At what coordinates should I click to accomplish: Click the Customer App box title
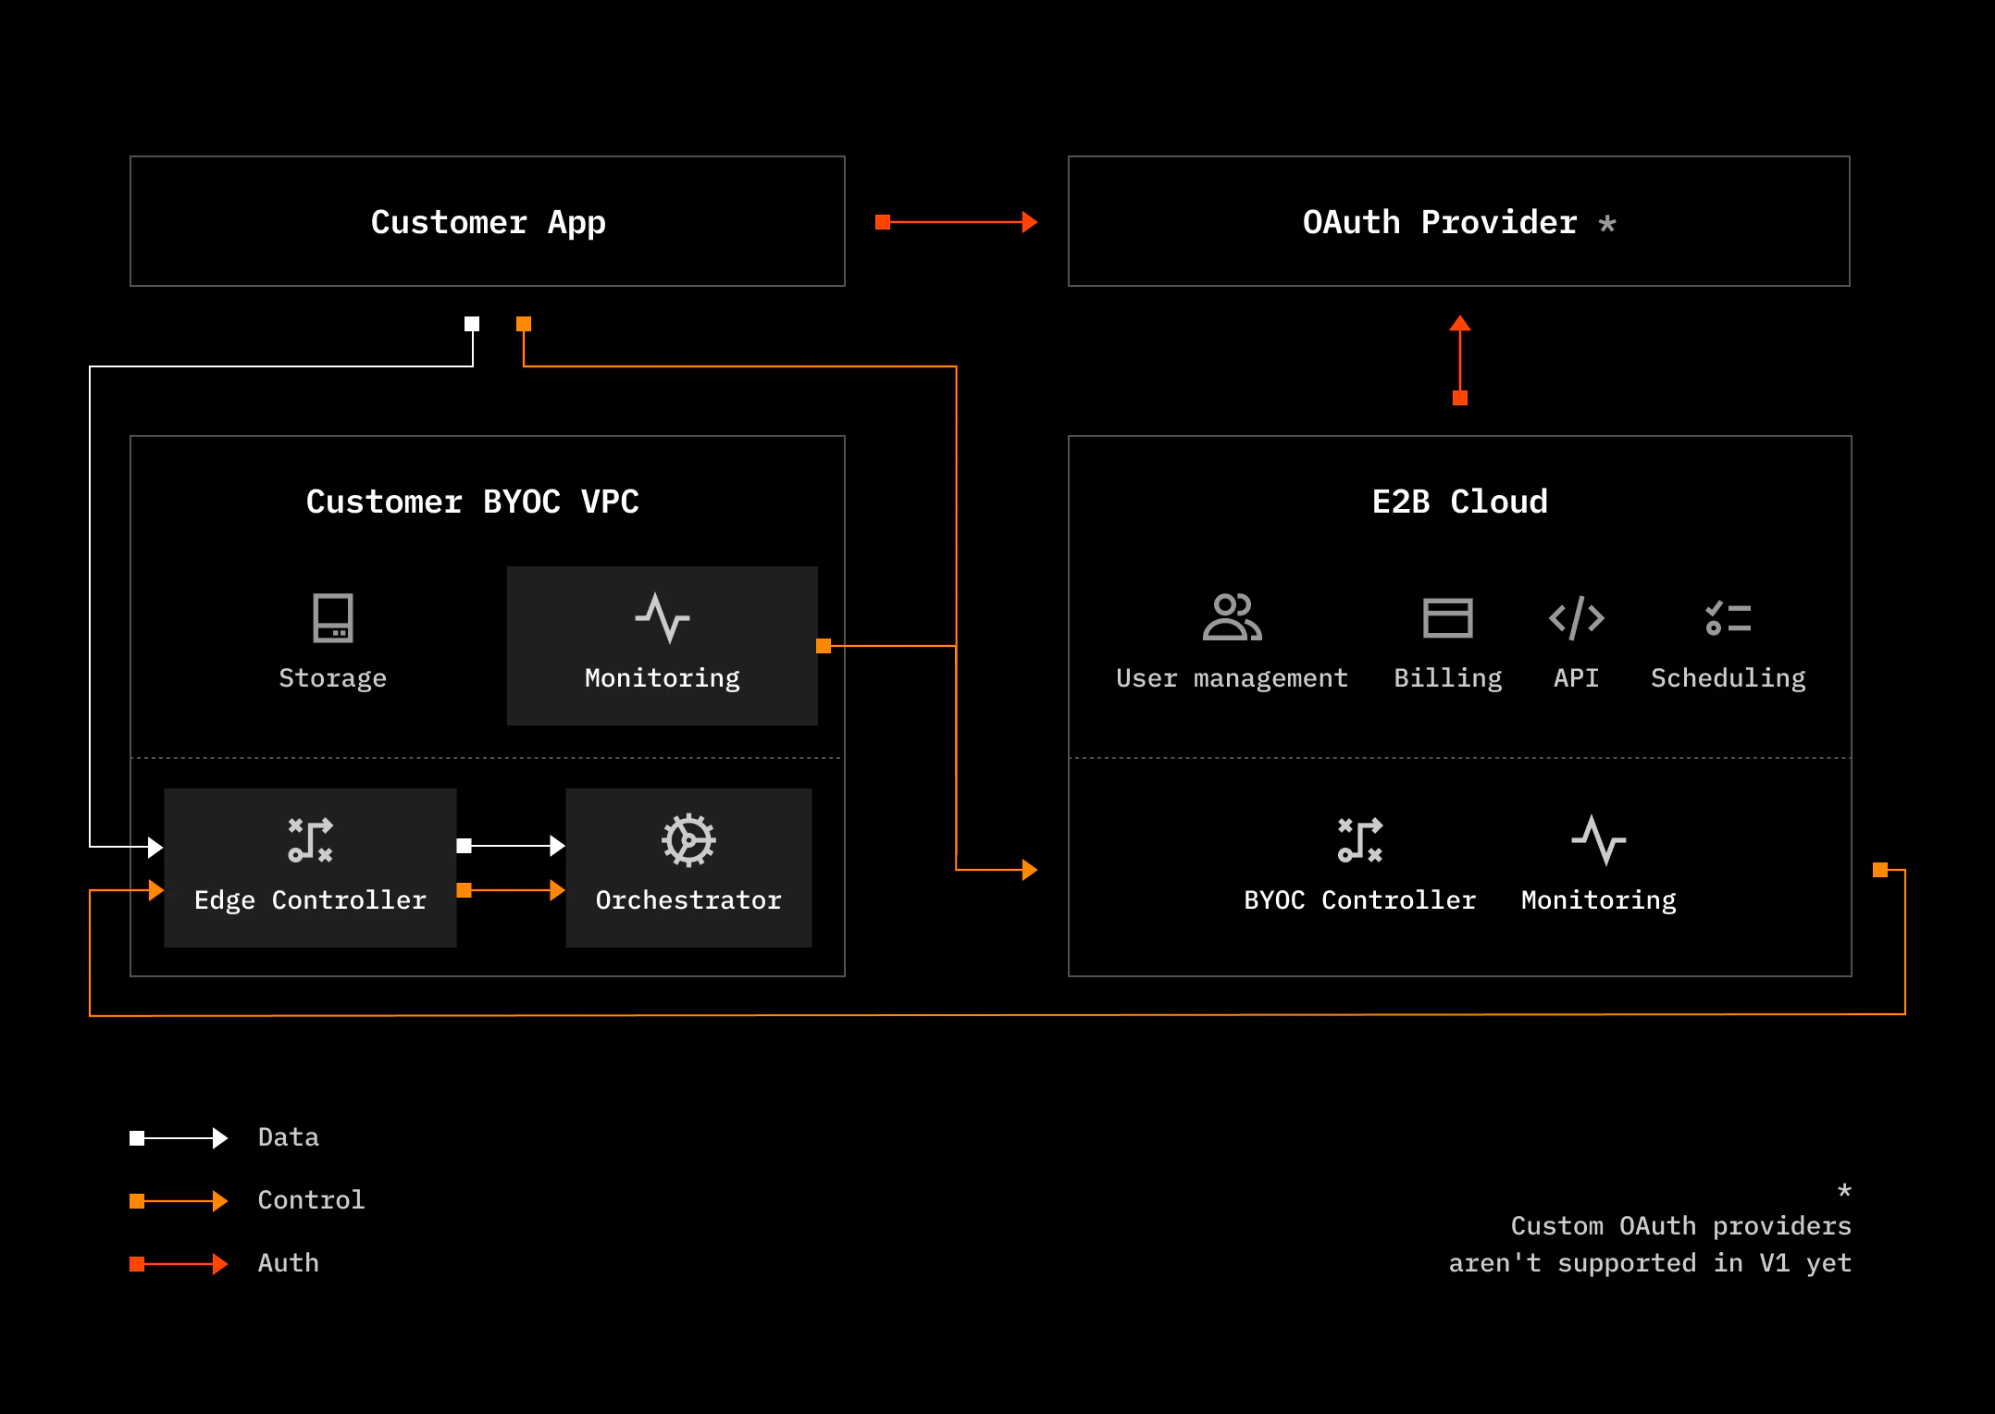pyautogui.click(x=488, y=222)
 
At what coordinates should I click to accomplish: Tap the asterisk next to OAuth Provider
pyautogui.click(x=1607, y=223)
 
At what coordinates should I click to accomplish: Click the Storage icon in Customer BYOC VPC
pyautogui.click(x=333, y=617)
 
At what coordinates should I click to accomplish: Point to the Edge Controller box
pyautogui.click(x=310, y=867)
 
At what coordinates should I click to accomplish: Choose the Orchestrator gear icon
pyautogui.click(x=688, y=840)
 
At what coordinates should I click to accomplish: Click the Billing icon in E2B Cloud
pyautogui.click(x=1447, y=617)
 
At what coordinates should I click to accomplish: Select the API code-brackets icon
pyautogui.click(x=1576, y=617)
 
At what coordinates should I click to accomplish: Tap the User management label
pyautogui.click(x=1232, y=678)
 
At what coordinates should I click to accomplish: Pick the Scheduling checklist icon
pyautogui.click(x=1728, y=617)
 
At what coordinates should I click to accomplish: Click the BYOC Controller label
pyautogui.click(x=1359, y=900)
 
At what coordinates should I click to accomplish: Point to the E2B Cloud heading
pyautogui.click(x=1459, y=502)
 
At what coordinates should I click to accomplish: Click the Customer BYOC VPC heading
pyautogui.click(x=472, y=502)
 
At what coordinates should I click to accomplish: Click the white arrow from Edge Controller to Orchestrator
pyautogui.click(x=511, y=845)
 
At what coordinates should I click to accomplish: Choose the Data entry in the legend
pyautogui.click(x=288, y=1137)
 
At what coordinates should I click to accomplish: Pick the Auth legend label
pyautogui.click(x=288, y=1263)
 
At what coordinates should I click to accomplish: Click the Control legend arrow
pyautogui.click(x=179, y=1201)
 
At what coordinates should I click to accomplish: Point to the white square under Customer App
pyautogui.click(x=472, y=324)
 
